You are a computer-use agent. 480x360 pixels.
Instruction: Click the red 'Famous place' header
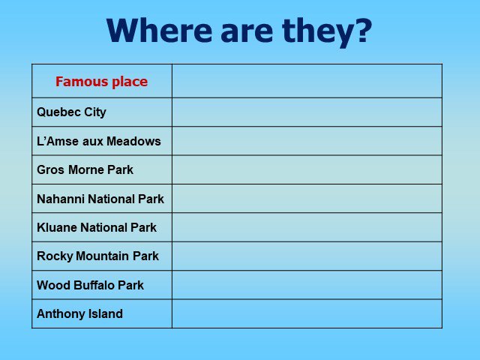coord(102,82)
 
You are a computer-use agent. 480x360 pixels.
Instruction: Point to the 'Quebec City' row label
coord(71,112)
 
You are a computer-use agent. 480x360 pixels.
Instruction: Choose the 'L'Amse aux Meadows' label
coord(99,141)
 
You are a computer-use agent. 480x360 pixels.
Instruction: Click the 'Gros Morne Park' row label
coord(85,169)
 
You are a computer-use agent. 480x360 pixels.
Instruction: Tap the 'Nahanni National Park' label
coord(100,199)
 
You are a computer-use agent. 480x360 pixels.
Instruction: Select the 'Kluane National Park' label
coord(97,227)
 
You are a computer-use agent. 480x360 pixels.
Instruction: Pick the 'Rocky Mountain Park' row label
coord(98,256)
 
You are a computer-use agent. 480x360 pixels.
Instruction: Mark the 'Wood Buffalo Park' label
coord(90,285)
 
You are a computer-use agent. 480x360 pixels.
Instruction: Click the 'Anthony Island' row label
coord(80,313)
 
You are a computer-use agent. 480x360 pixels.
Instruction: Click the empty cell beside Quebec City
coord(307,112)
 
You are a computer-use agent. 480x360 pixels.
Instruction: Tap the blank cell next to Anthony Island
coord(307,313)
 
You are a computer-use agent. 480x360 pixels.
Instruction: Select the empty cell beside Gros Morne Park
coord(307,169)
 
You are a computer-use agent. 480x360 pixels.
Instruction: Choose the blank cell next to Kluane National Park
coord(307,227)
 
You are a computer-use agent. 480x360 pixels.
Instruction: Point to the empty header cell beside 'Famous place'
coord(307,81)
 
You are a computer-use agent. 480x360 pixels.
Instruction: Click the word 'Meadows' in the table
coord(133,141)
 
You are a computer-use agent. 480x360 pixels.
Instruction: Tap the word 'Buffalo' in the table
coord(94,285)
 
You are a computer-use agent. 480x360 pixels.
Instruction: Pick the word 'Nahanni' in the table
coord(61,199)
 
